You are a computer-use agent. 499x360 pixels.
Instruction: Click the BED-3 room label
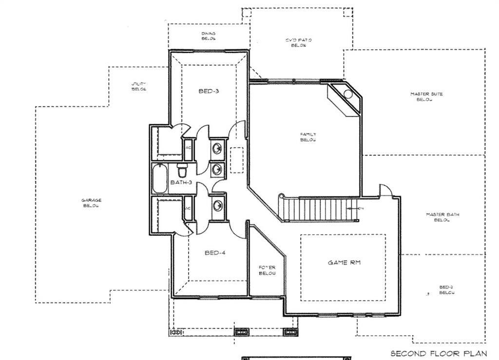click(x=209, y=91)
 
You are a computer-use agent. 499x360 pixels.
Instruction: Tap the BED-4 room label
click(x=215, y=253)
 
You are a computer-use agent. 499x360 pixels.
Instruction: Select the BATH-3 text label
click(x=181, y=182)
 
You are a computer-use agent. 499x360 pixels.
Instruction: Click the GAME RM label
click(x=345, y=263)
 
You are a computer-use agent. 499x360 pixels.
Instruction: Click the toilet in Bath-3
click(x=182, y=171)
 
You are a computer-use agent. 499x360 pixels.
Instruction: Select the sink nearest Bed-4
click(x=217, y=204)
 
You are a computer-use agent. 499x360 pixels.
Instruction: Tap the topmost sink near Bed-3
click(x=217, y=147)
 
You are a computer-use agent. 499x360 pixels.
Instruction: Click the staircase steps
click(x=322, y=208)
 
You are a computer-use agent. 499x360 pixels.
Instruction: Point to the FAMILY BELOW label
click(x=308, y=137)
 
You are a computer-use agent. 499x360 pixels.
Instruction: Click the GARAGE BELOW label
click(x=91, y=203)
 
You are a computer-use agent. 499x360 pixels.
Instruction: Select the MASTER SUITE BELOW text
click(x=426, y=96)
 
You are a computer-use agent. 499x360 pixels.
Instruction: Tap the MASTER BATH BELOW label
click(x=442, y=217)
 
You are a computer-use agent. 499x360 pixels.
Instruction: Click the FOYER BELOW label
click(x=267, y=270)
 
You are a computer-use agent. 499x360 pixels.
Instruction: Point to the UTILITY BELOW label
click(x=139, y=87)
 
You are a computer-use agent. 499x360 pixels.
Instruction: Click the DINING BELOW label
click(x=209, y=36)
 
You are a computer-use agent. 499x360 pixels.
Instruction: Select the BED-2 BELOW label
click(x=447, y=290)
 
